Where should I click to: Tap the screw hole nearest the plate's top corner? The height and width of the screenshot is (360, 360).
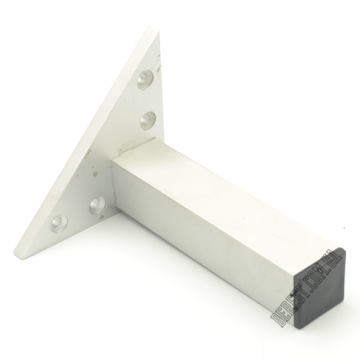tap(146, 79)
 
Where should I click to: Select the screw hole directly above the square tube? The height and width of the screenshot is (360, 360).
tap(148, 119)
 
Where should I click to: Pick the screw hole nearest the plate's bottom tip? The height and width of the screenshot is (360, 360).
tap(59, 224)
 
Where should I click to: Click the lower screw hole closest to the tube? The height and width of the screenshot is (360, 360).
tap(98, 205)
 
